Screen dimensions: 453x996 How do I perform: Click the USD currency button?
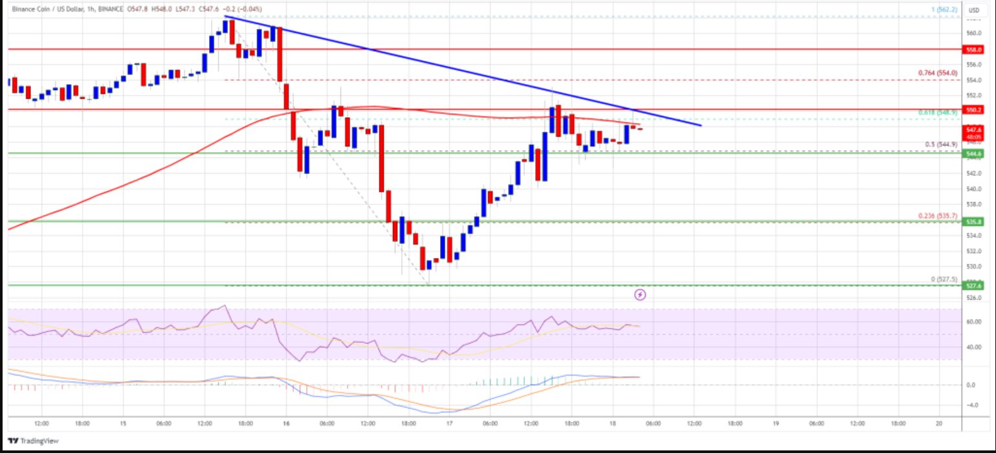[973, 10]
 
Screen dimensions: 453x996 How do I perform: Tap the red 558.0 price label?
[973, 49]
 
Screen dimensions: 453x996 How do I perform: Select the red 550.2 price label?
[973, 110]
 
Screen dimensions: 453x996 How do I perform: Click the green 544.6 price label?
[973, 153]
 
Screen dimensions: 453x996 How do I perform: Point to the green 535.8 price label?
[973, 221]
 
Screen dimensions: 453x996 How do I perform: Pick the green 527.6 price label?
[973, 285]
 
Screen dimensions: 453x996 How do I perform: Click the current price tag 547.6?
[973, 129]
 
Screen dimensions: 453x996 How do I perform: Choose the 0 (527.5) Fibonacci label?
[944, 279]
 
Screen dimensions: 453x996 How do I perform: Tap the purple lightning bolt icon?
[640, 295]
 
